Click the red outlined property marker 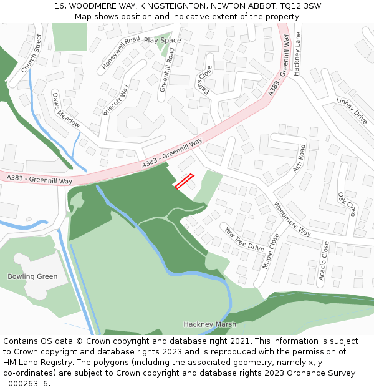click(x=184, y=181)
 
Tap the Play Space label click(x=162, y=41)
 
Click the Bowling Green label click(x=32, y=276)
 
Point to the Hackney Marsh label click(x=209, y=324)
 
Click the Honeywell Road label click(x=121, y=52)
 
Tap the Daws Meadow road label click(x=65, y=110)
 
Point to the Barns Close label click(x=204, y=81)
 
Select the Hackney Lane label click(x=297, y=54)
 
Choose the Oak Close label click(x=347, y=204)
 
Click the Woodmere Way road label click(x=293, y=219)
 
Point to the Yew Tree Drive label click(x=244, y=240)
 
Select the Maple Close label click(x=271, y=251)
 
